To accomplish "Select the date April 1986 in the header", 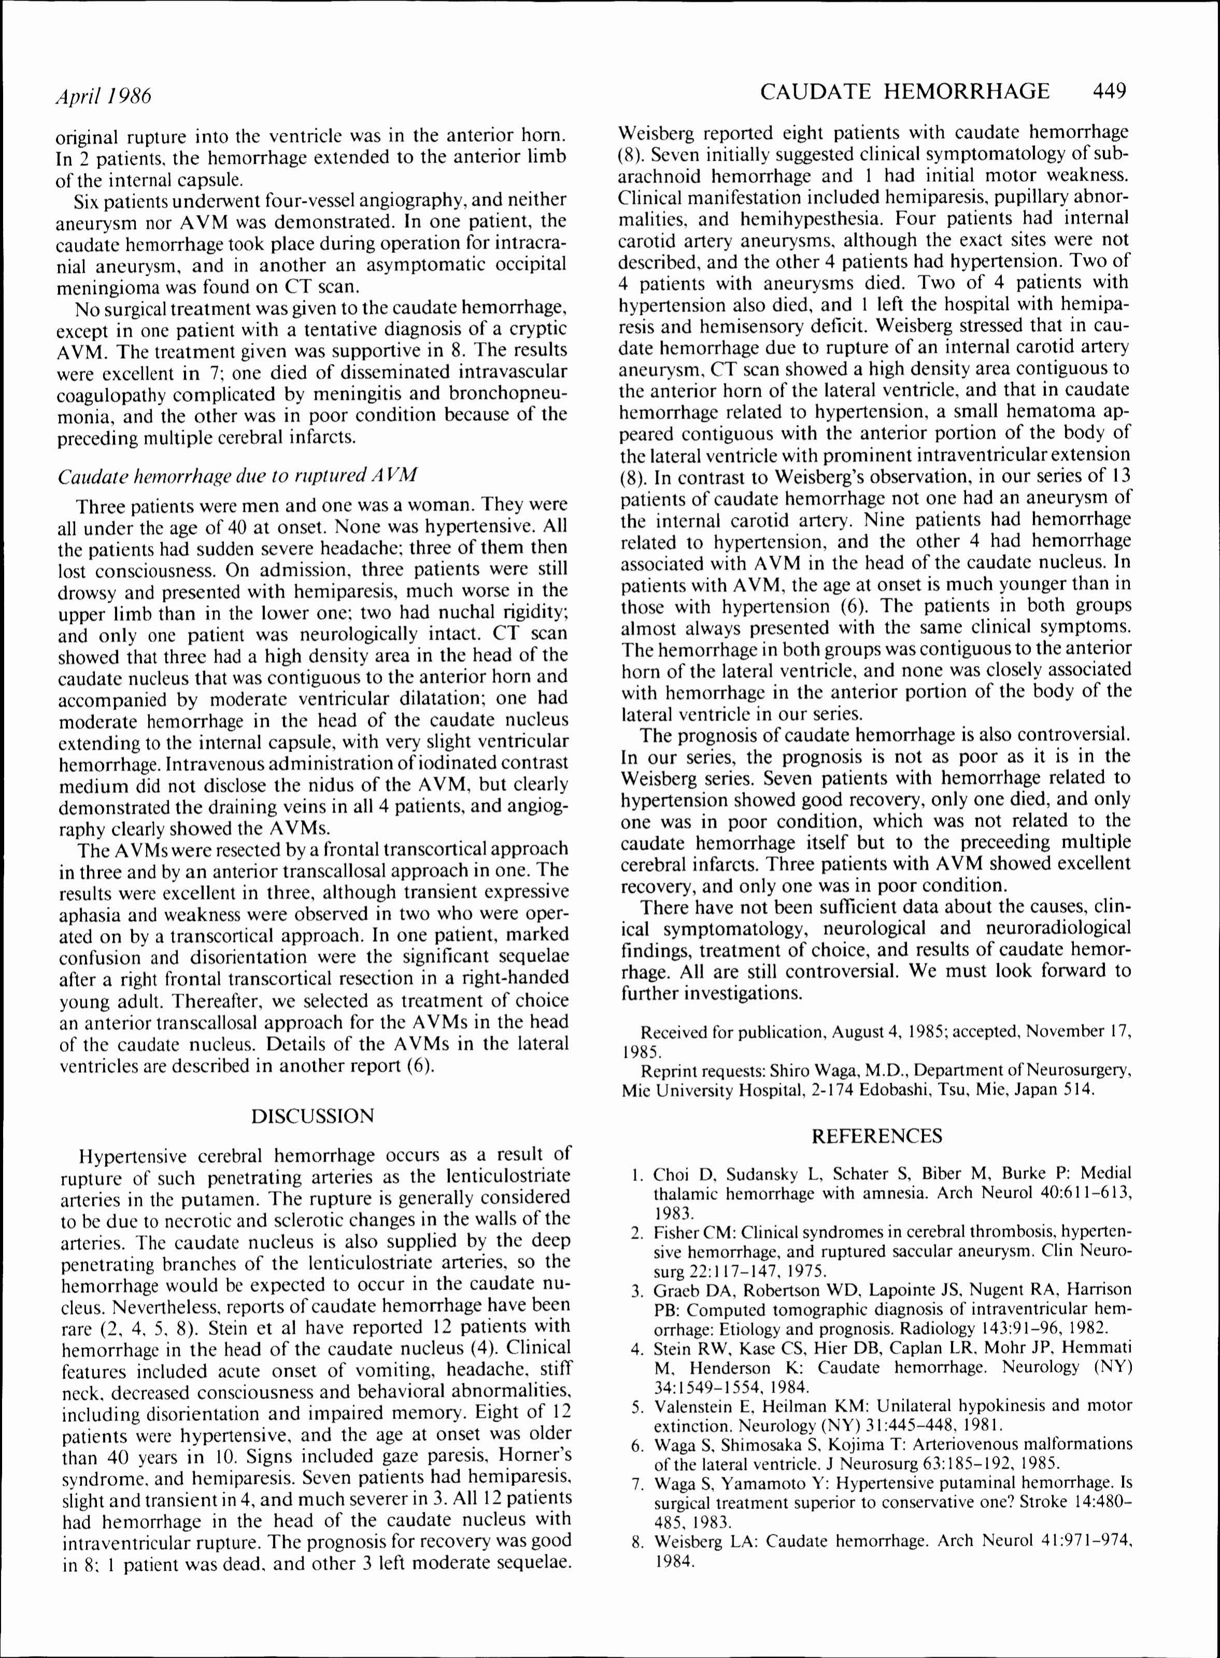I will [x=104, y=96].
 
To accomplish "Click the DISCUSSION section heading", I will [x=312, y=1116].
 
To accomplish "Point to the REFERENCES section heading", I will [x=877, y=1136].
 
